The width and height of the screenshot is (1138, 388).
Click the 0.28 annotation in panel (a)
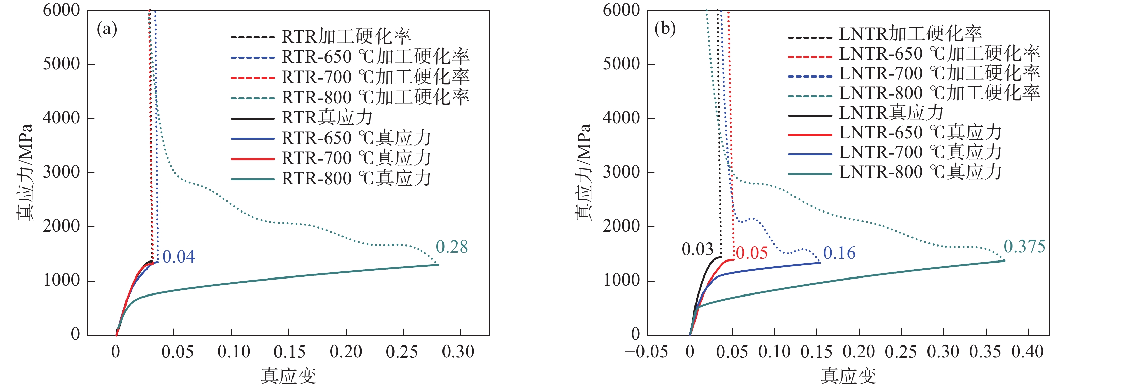(x=451, y=247)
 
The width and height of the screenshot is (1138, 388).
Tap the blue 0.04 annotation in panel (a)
(x=179, y=257)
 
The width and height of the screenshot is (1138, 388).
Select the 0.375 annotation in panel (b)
(x=1024, y=247)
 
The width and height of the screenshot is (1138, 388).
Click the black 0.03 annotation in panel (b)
(x=697, y=250)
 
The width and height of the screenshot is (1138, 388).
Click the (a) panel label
(x=107, y=29)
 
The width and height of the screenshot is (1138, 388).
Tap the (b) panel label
(x=665, y=28)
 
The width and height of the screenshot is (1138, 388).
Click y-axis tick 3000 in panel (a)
(x=62, y=172)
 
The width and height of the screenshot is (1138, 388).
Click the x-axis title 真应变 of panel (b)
(x=848, y=376)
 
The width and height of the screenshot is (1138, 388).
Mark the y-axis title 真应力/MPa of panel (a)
(x=25, y=172)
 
